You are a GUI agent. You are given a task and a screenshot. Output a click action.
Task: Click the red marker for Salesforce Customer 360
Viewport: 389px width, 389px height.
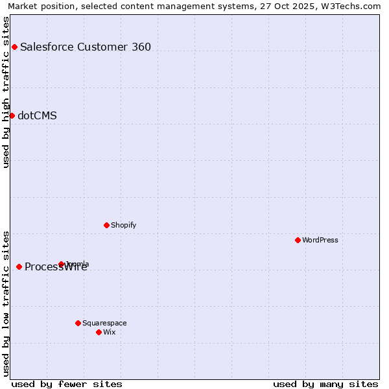coord(14,47)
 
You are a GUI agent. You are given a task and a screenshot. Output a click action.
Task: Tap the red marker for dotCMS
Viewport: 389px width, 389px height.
coord(12,115)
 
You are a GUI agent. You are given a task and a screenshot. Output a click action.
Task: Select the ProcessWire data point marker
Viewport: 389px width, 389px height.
coord(19,266)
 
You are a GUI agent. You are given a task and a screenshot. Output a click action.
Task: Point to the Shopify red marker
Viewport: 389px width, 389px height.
coord(106,225)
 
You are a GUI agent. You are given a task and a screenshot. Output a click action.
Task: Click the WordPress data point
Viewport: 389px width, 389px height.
coord(298,240)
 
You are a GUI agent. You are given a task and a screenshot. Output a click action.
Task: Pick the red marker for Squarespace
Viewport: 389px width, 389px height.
coord(78,323)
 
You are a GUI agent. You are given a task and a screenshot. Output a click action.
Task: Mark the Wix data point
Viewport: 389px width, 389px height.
coord(99,332)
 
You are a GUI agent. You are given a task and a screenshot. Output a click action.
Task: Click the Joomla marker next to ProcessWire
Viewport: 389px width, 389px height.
coord(62,264)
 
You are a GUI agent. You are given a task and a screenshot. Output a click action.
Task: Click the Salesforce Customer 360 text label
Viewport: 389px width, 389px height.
coord(86,47)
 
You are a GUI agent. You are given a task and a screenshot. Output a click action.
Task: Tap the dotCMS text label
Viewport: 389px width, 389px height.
coord(37,115)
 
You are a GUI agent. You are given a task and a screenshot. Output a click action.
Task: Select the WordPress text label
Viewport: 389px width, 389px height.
coord(320,240)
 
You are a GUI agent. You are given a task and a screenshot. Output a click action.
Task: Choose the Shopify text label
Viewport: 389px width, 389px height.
coord(123,225)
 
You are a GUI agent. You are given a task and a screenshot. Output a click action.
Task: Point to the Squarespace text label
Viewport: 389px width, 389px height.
coord(104,323)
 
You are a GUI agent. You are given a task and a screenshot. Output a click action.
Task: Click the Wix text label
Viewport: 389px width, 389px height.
coord(109,332)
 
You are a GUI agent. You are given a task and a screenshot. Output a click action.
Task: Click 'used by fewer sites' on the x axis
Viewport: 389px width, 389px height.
coord(67,384)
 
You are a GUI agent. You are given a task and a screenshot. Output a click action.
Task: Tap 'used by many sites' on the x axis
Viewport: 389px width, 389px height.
coord(325,384)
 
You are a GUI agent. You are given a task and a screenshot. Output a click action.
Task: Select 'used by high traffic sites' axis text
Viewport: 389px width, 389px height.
coord(6,92)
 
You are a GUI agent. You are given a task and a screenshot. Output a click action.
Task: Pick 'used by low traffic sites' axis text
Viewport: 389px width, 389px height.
coord(6,303)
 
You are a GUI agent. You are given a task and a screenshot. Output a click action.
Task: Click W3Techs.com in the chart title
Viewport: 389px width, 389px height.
coord(353,6)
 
